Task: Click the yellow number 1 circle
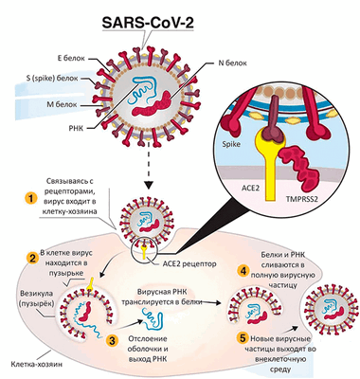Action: coord(30,199)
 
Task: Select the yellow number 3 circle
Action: coord(113,338)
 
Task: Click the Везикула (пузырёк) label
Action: coord(28,299)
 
